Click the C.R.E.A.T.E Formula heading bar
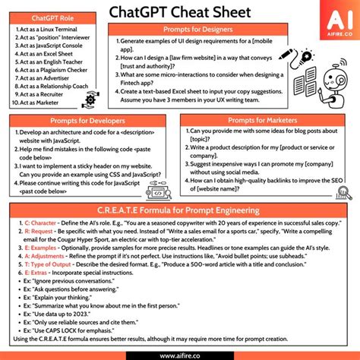tap(180, 210)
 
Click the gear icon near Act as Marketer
tap(92, 99)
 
